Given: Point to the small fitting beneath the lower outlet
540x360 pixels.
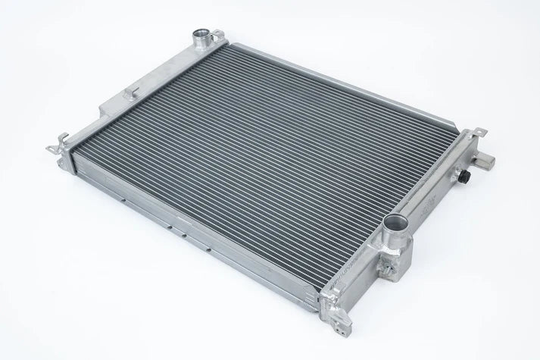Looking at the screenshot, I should pos(388,266).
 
